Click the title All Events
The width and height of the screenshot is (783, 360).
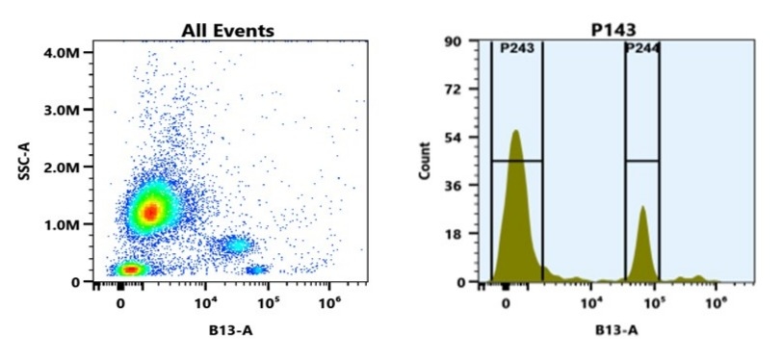[x=228, y=31]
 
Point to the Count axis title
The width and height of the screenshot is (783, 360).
[x=425, y=163]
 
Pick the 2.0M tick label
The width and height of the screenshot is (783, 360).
[x=63, y=167]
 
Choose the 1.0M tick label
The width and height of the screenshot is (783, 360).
[x=63, y=224]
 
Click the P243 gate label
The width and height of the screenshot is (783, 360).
[x=516, y=49]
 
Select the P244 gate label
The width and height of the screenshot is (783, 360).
[x=641, y=49]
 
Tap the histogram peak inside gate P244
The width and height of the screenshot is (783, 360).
[x=642, y=206]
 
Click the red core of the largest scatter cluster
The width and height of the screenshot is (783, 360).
[x=149, y=211]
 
